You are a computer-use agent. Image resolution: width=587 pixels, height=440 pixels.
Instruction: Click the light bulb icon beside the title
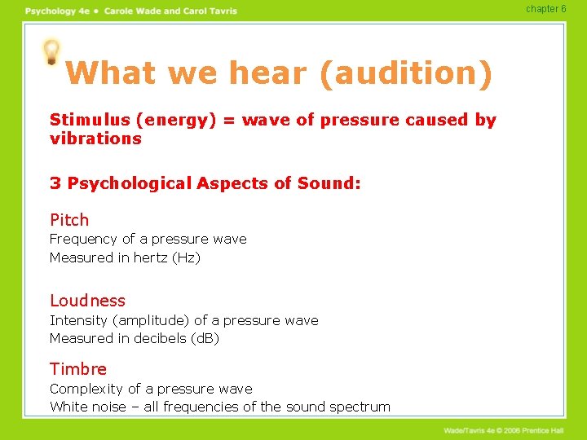click(x=51, y=51)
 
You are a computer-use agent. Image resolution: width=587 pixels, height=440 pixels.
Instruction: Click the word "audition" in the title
click(x=406, y=73)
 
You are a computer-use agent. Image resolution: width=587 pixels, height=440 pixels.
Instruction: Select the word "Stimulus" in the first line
click(x=90, y=120)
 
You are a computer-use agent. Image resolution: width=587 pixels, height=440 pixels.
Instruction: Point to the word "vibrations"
click(x=95, y=139)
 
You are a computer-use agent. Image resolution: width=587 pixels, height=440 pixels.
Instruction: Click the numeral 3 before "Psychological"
click(x=55, y=183)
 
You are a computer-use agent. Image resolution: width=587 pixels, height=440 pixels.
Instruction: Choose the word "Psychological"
click(x=130, y=183)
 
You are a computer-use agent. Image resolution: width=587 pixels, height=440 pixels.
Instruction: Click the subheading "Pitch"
click(x=69, y=220)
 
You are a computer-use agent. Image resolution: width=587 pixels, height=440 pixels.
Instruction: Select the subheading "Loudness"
click(x=88, y=301)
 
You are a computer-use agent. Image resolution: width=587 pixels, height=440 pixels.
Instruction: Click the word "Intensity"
click(x=78, y=321)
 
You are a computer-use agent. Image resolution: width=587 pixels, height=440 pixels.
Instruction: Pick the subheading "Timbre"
click(x=78, y=369)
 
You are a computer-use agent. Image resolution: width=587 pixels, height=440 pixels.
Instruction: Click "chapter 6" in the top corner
click(x=545, y=9)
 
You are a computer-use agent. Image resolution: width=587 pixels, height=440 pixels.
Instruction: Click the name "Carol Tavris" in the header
click(x=206, y=11)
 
